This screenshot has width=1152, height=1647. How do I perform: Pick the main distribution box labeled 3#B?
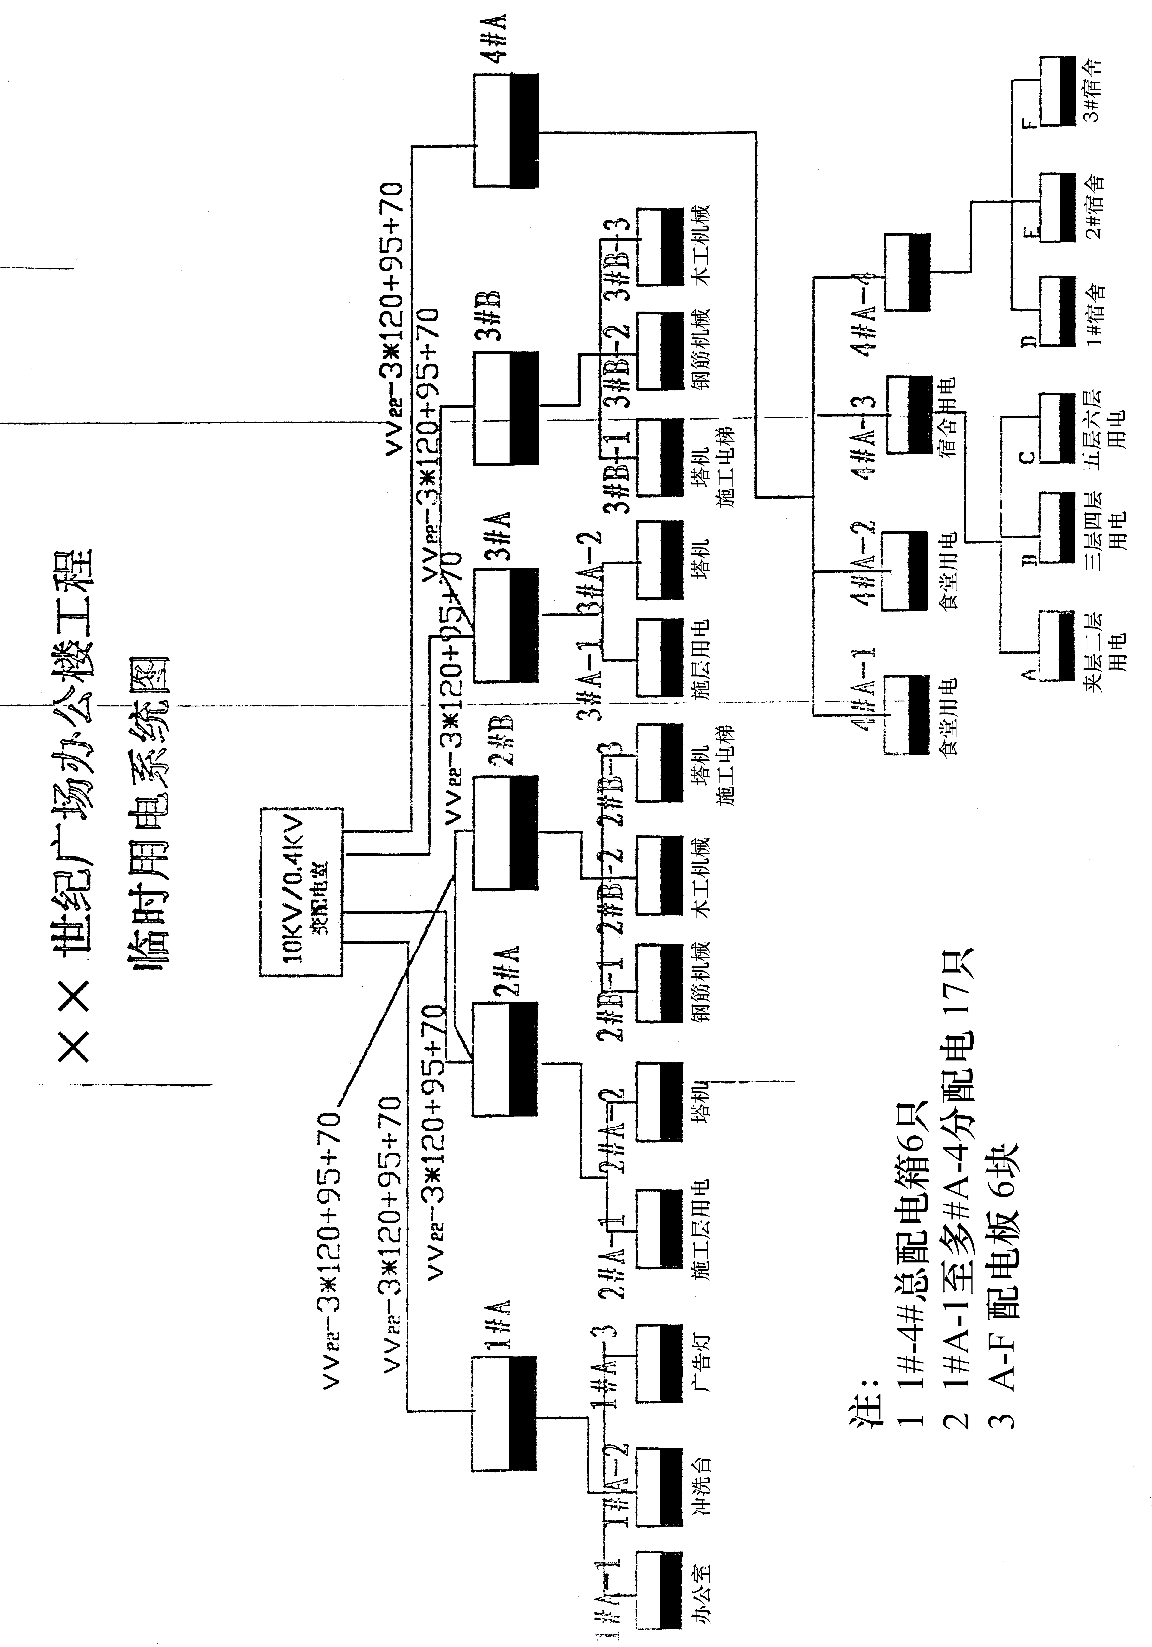[x=505, y=407]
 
